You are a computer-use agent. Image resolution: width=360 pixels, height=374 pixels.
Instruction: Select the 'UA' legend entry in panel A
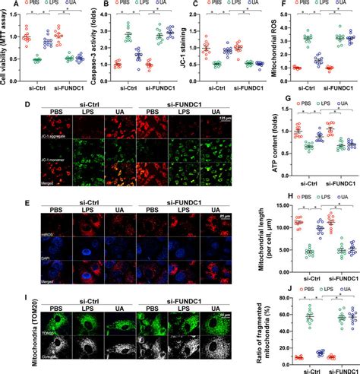[x=70, y=5]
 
